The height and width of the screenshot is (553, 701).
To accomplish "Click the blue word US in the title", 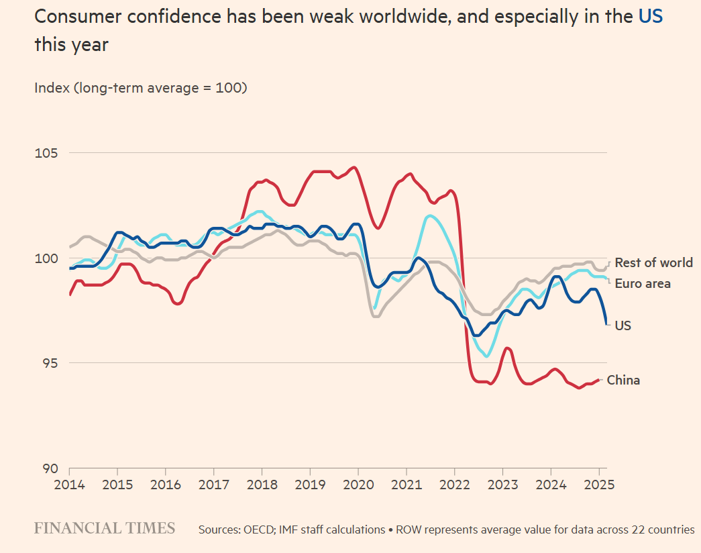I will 650,17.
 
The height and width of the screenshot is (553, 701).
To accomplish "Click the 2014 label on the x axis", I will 69,484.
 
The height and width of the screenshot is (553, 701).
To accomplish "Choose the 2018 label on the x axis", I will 262,484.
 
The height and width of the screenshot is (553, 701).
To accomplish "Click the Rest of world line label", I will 653,262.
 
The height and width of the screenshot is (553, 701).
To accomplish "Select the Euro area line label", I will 643,284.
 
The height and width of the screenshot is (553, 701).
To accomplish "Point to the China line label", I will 623,381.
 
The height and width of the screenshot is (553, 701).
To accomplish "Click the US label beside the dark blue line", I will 623,325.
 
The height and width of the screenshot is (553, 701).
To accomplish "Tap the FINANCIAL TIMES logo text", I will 105,528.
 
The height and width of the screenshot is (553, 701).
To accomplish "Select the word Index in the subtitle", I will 50,88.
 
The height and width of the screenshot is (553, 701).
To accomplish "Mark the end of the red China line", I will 598,380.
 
